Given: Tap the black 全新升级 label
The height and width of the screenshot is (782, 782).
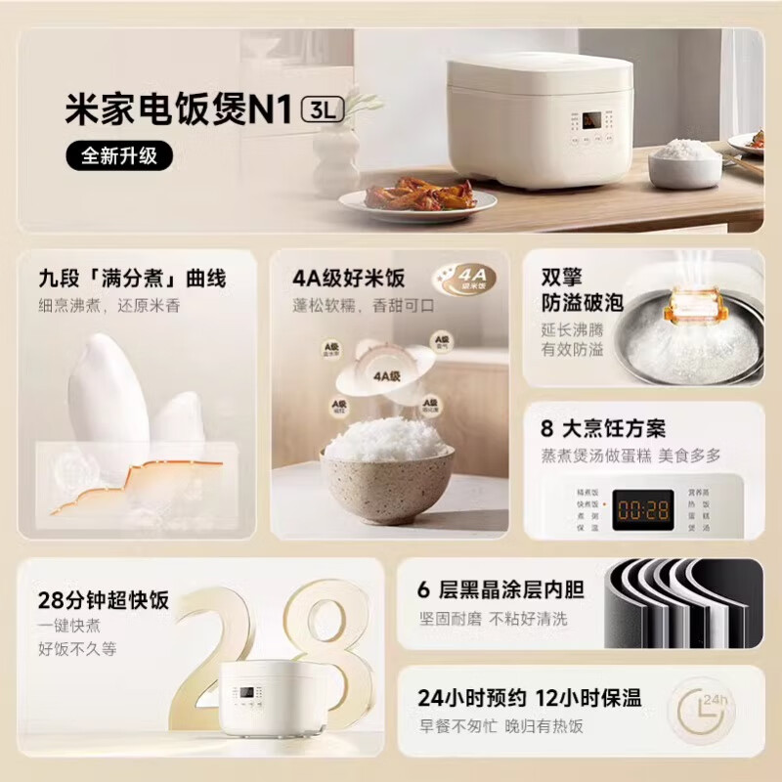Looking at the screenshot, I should point(118,154).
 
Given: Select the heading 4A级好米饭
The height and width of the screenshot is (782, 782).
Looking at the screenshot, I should point(348,278).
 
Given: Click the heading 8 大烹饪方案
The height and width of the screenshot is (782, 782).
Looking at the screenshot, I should point(603,428).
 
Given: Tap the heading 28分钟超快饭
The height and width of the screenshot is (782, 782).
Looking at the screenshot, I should point(104,599).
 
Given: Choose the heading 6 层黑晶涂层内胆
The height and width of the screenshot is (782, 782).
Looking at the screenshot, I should point(500,588).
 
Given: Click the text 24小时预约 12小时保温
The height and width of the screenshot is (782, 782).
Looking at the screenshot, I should point(529,697).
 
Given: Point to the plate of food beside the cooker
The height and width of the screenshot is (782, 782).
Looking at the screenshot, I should point(417,196).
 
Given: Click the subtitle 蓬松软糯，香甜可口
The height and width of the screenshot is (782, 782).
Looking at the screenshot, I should point(364,306).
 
